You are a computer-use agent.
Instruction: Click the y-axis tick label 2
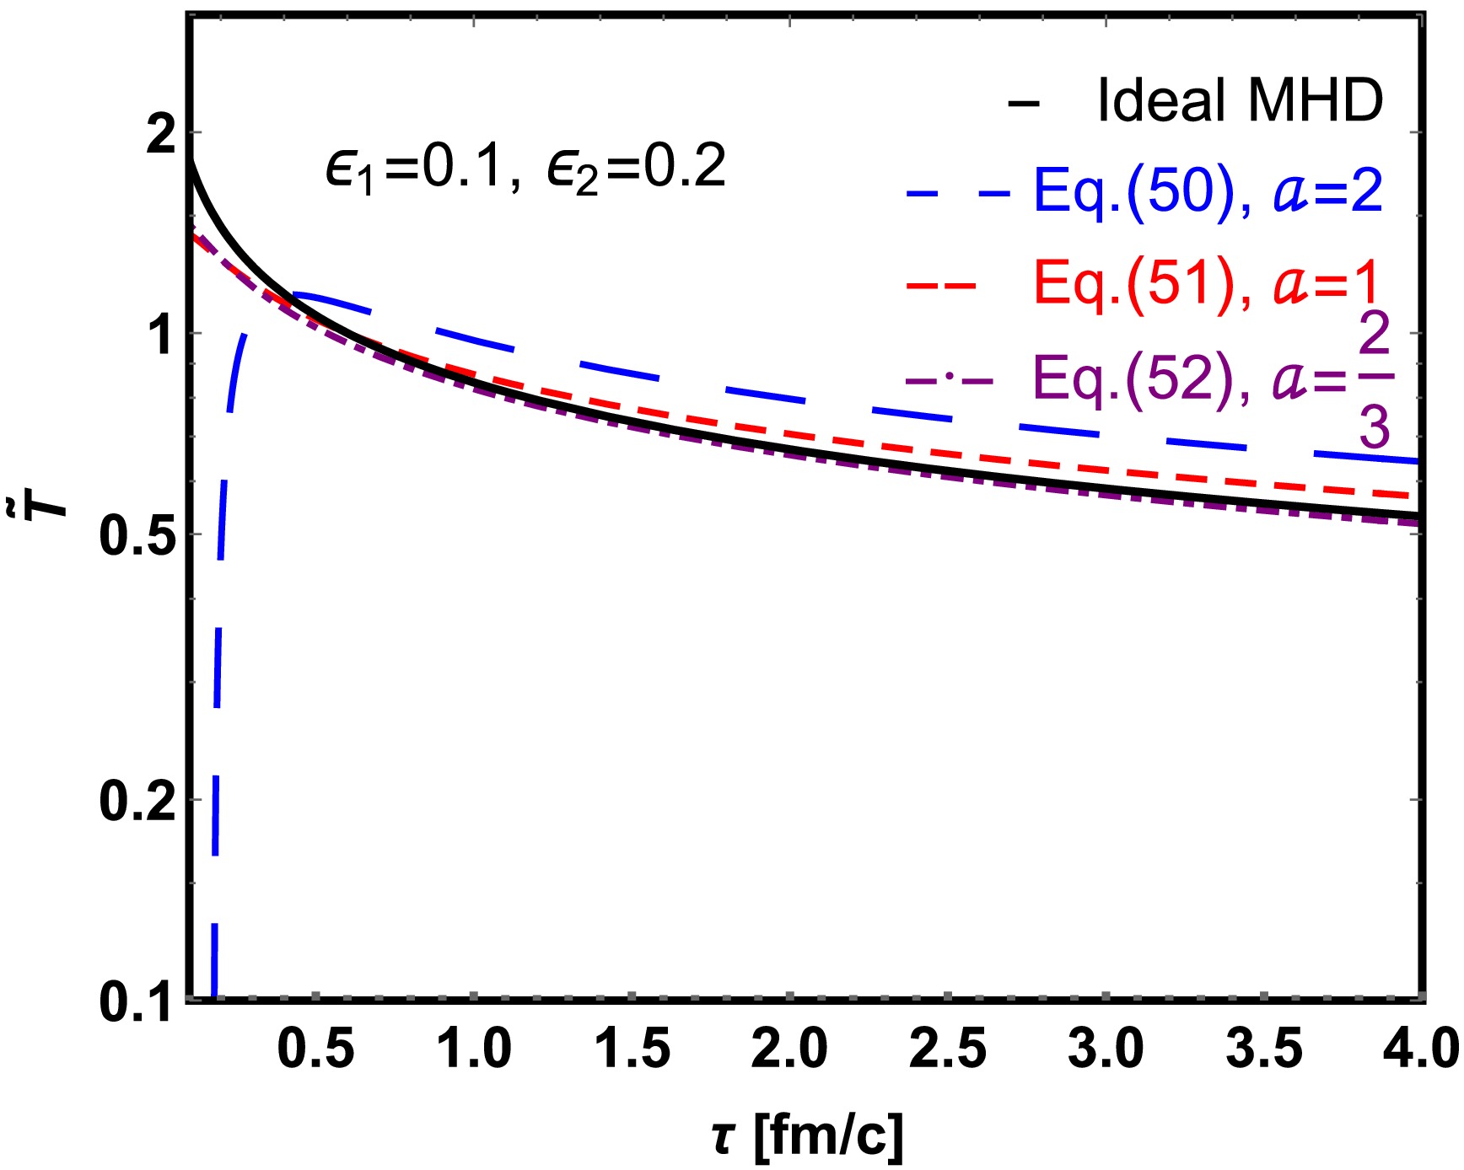pyautogui.click(x=162, y=135)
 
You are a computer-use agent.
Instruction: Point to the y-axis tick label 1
pyautogui.click(x=162, y=335)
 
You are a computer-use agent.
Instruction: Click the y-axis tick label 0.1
pyautogui.click(x=138, y=1001)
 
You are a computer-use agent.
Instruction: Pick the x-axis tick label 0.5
pyautogui.click(x=315, y=1049)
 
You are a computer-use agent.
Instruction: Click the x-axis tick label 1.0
pyautogui.click(x=474, y=1049)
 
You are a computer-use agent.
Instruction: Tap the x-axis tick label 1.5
pyautogui.click(x=632, y=1049)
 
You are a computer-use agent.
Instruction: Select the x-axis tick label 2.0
pyautogui.click(x=790, y=1049)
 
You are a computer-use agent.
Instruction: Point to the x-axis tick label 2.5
pyautogui.click(x=948, y=1049)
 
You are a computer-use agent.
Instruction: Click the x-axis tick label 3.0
pyautogui.click(x=1106, y=1049)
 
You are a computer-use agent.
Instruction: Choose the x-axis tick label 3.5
pyautogui.click(x=1263, y=1049)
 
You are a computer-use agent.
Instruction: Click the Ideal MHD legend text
pyautogui.click(x=1240, y=101)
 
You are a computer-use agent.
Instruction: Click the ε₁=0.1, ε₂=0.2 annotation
pyautogui.click(x=525, y=167)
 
